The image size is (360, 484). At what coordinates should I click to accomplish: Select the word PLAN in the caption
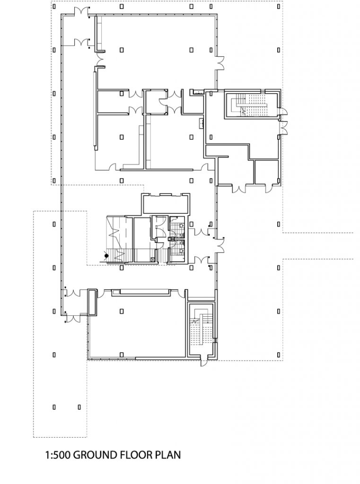[168, 456]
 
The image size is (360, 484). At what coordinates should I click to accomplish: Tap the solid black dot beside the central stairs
[106, 256]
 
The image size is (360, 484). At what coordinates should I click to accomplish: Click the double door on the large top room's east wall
[220, 62]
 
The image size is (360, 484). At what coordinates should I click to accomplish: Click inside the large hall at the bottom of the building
[137, 326]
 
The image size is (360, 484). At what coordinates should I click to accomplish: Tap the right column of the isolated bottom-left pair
[79, 406]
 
